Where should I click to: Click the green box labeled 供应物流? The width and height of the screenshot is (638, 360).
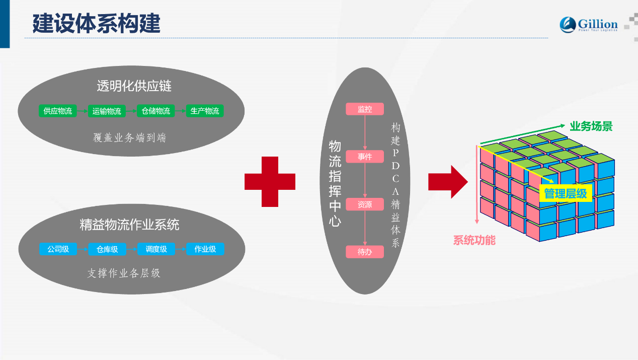tap(57, 111)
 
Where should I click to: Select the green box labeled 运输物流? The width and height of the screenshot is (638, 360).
tap(107, 111)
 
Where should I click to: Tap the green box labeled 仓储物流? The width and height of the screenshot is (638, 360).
tap(156, 111)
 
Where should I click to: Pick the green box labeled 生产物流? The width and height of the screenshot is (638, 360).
tap(205, 111)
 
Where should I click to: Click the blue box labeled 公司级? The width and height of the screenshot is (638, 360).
tap(58, 249)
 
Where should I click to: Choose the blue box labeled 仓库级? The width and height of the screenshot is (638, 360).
tap(107, 249)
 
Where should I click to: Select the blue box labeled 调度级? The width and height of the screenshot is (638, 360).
tap(156, 249)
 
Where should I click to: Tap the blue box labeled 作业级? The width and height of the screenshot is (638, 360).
tap(205, 249)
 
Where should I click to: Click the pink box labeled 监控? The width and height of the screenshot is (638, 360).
tap(365, 109)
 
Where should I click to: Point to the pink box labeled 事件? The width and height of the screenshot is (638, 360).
tap(365, 157)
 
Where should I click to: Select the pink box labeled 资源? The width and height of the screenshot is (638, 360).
tap(365, 204)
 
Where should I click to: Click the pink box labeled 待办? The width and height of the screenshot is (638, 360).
tap(365, 252)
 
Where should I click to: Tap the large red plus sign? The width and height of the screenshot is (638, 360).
tap(270, 182)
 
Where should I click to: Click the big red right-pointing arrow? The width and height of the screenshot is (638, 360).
tap(448, 182)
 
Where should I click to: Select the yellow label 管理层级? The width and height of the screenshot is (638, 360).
tap(566, 193)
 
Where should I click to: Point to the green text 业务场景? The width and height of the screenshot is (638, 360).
tap(591, 126)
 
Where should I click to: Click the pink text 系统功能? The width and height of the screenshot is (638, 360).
tap(474, 240)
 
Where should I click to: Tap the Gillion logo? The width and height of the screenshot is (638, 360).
tap(589, 25)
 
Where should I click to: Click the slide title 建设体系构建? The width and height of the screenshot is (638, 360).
tap(96, 23)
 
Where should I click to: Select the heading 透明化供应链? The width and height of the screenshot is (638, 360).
tap(134, 86)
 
